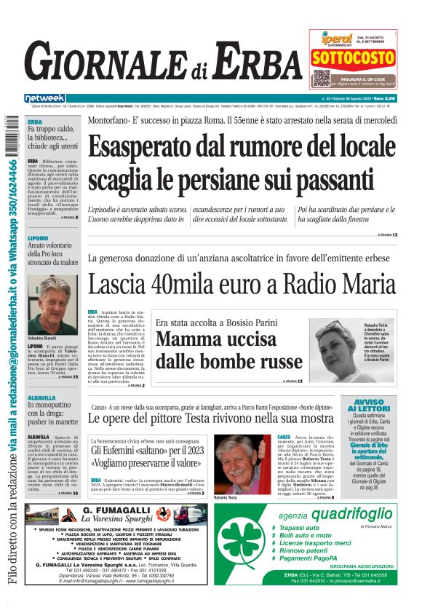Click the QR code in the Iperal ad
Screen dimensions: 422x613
(x=322, y=78)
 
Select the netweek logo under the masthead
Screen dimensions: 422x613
(x=45, y=98)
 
